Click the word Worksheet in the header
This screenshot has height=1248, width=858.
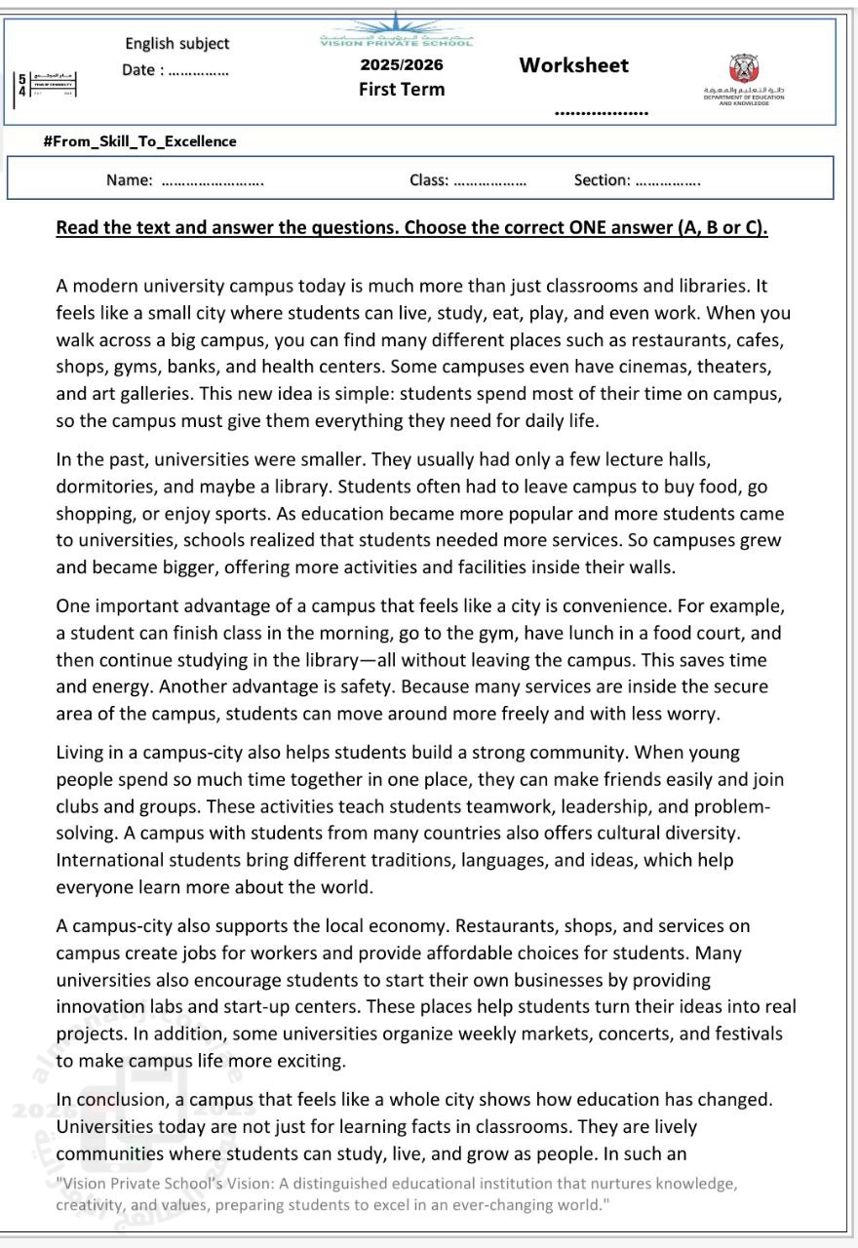click(573, 65)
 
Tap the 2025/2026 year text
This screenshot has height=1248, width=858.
click(402, 65)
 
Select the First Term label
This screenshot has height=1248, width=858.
click(402, 90)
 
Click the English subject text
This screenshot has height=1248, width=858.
click(176, 44)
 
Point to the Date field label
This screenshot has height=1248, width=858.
click(142, 70)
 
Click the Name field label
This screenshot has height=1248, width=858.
click(130, 179)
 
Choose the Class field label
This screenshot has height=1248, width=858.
click(429, 179)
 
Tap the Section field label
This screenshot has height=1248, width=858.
click(602, 179)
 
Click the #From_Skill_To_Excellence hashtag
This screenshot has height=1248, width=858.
click(140, 141)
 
